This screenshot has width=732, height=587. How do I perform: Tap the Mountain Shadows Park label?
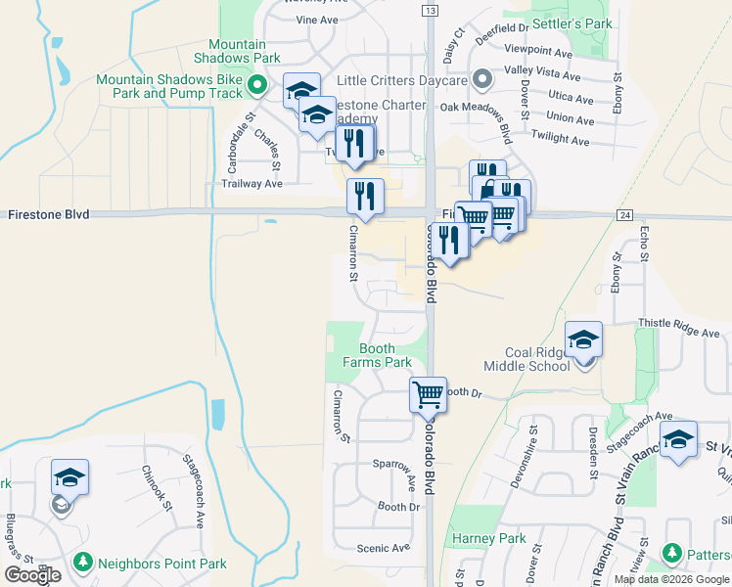[238, 51]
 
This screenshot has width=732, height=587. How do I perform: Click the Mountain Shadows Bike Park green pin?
[257, 86]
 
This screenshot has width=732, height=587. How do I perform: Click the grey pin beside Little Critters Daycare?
[480, 78]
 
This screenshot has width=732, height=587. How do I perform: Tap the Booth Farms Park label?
[377, 355]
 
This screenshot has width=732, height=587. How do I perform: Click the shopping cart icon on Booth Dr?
[428, 394]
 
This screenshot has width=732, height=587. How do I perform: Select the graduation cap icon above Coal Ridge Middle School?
[583, 339]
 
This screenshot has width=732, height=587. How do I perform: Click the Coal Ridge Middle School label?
[537, 359]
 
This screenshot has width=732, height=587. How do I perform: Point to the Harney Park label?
[489, 539]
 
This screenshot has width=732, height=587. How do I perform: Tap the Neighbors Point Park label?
[162, 564]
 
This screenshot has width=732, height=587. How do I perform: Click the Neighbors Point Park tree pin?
[83, 563]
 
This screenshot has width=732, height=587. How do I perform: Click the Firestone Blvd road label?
[49, 213]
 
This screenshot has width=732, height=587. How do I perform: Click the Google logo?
[32, 575]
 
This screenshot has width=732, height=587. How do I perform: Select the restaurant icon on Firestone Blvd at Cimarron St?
[365, 196]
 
